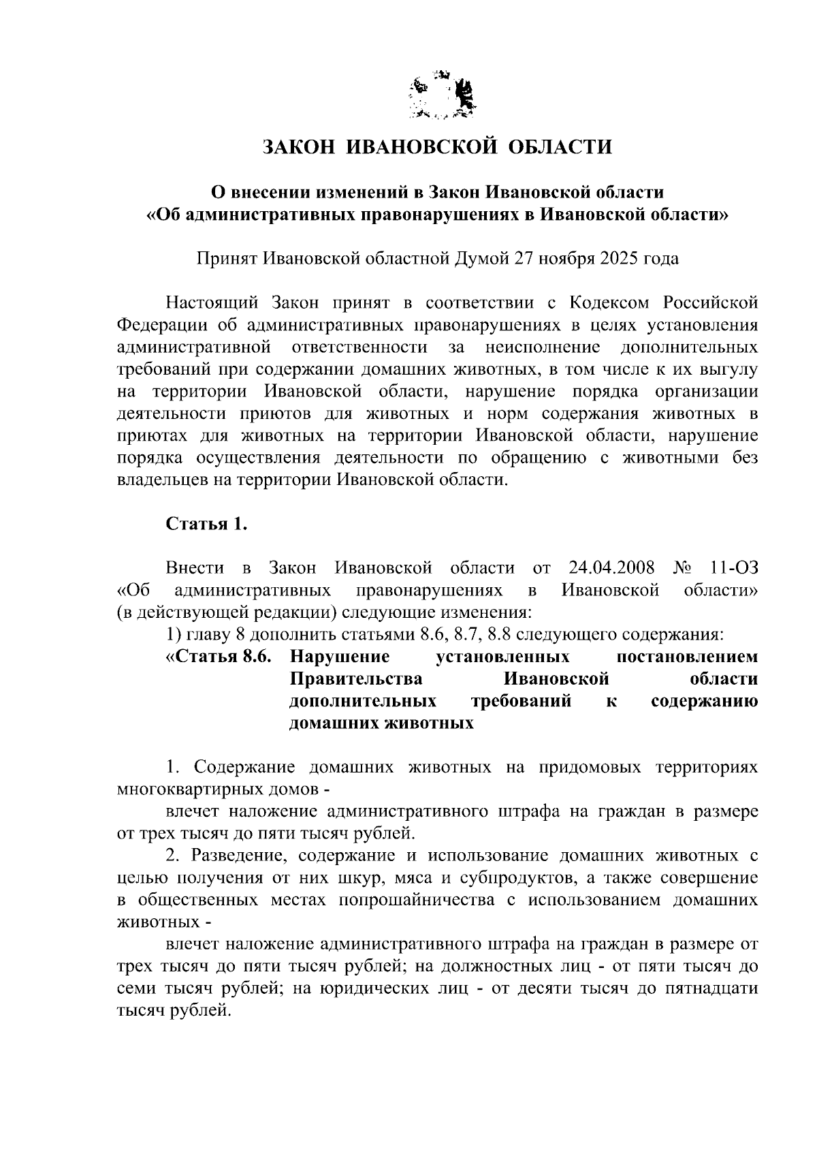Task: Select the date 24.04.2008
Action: tap(611, 567)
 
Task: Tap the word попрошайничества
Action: tap(416, 900)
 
